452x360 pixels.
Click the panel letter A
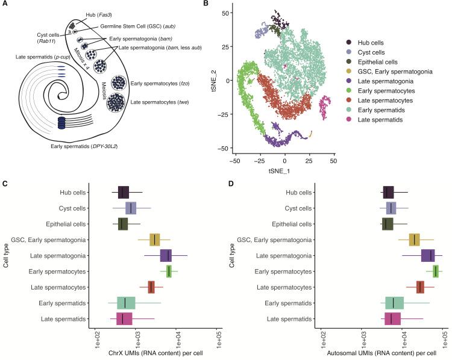4,5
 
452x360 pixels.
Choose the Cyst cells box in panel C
131,208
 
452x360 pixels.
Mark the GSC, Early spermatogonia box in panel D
414,240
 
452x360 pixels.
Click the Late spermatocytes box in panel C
151,287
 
